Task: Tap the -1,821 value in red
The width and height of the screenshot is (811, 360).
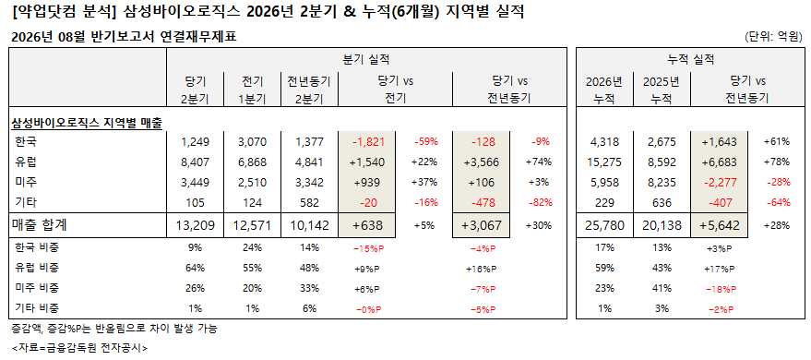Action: click(x=368, y=142)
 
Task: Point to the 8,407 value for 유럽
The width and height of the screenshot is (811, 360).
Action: click(x=195, y=162)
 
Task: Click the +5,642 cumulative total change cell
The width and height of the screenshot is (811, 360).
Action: click(x=719, y=225)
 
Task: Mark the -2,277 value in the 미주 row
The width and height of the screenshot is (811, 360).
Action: click(x=720, y=183)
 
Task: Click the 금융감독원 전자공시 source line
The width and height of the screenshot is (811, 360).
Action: click(x=79, y=348)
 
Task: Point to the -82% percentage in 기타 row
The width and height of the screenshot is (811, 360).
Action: click(x=538, y=202)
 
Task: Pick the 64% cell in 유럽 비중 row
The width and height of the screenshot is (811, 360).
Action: click(x=196, y=268)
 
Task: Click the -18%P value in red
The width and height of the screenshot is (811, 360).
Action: click(x=720, y=288)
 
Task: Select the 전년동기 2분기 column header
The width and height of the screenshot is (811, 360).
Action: click(x=309, y=90)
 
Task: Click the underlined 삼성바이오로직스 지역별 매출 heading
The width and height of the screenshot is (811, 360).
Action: click(x=88, y=124)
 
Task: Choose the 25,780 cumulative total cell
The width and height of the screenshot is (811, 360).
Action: click(x=605, y=225)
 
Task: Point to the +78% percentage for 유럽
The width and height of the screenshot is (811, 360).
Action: click(x=777, y=162)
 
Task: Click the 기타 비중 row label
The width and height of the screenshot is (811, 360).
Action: click(x=37, y=308)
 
